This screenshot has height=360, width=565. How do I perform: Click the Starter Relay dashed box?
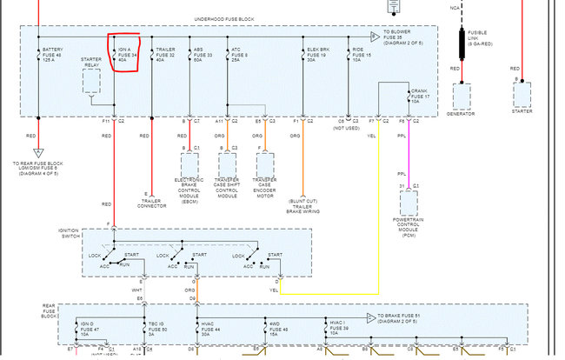coord(91,80)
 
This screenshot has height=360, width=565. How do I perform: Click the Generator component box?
coord(461,97)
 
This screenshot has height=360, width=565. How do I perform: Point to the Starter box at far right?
coord(522,95)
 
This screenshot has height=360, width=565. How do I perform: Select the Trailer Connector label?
coord(152,203)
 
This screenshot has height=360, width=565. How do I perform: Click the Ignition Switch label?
coord(69,233)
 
